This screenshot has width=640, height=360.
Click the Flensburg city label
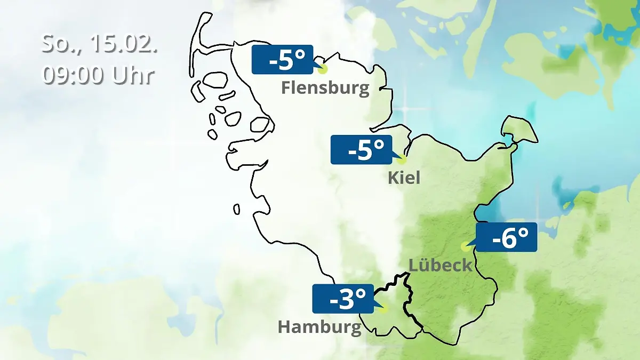point(325,87)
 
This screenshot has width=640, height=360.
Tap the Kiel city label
point(404,177)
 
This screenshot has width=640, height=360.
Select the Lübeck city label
point(440,265)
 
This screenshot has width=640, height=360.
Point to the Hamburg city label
point(319,326)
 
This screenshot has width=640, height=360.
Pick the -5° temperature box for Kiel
point(361,150)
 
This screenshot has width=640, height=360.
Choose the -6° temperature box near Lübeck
point(506,237)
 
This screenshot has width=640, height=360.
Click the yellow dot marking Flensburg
point(323,68)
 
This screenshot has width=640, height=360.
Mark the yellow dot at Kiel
point(402,158)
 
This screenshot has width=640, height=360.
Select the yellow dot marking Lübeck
point(465,246)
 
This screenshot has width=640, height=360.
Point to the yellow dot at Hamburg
point(383,308)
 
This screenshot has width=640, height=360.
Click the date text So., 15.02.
point(99,44)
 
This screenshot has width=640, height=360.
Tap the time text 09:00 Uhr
point(98,75)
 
